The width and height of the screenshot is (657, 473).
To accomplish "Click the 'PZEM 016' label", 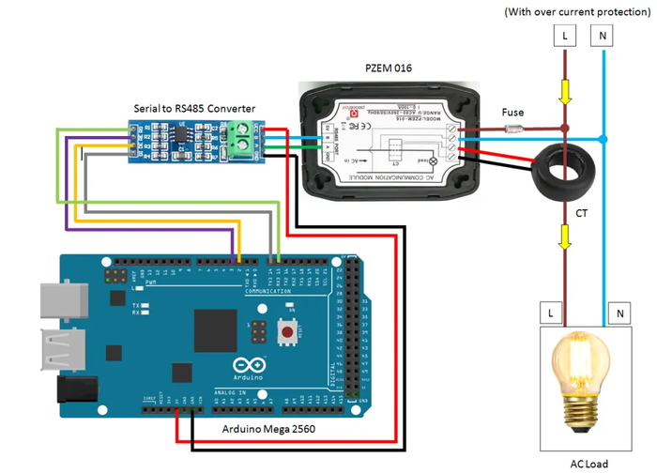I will coord(388,69).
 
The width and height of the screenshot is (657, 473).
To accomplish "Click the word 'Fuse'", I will coord(513,112).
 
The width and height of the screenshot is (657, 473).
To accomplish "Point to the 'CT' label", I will coord(582,214).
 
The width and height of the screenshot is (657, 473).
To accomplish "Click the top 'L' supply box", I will coord(565,36).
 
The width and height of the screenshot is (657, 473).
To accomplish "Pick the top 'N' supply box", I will coord(602,36).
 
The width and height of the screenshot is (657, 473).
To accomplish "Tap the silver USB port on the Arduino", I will coord(56,299).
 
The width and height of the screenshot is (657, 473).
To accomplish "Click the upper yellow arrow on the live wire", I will coord(565,91).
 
